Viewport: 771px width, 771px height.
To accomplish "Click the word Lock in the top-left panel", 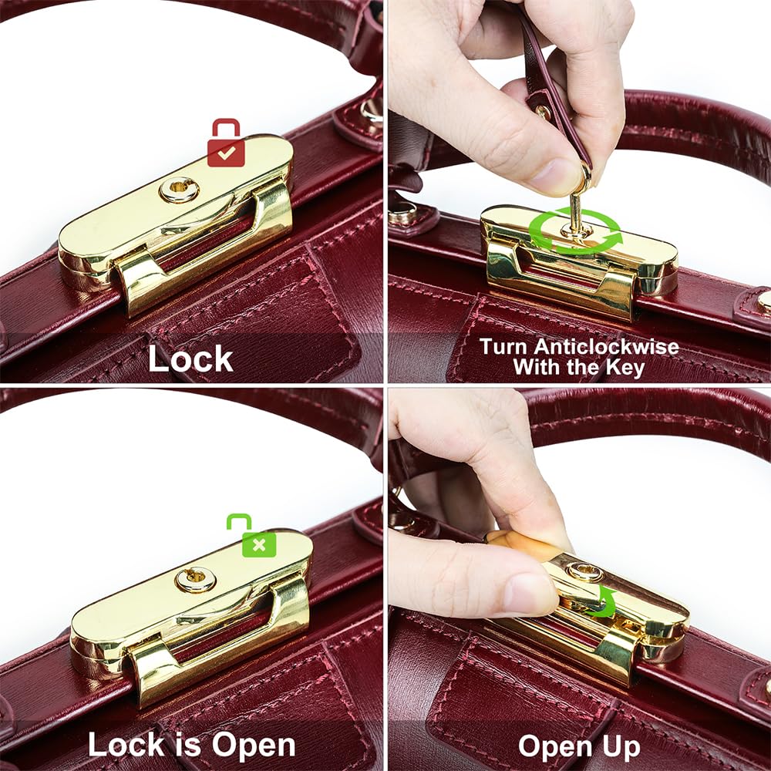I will pos(190,359).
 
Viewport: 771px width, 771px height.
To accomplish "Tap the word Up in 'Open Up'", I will pos(618,746).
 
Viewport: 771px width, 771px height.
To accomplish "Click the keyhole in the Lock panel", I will pos(179,188).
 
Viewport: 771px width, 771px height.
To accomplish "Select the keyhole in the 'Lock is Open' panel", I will pos(195,578).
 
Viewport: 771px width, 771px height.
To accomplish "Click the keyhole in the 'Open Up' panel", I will pos(584,571).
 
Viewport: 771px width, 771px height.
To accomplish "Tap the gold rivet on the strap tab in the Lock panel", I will pos(372,112).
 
